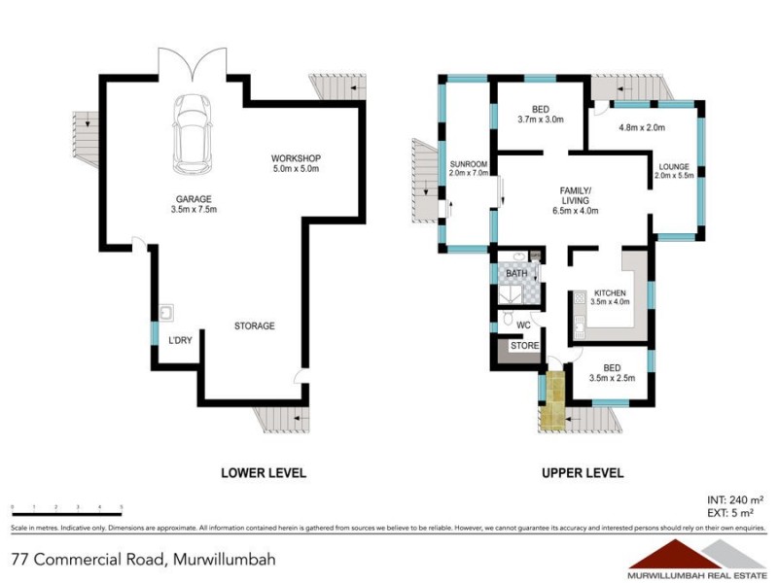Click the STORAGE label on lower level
coord(254,326)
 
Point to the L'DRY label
coord(180,340)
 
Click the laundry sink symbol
coord(167,312)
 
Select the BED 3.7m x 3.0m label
coord(541,116)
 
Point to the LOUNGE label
coord(673,169)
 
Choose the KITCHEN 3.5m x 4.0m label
coord(611,296)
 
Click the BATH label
coord(515,274)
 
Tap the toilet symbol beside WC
coord(508,322)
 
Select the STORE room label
coord(524,345)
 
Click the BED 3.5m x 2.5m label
coord(612,373)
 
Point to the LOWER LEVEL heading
coord(264,473)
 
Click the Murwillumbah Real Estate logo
coord(696,557)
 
